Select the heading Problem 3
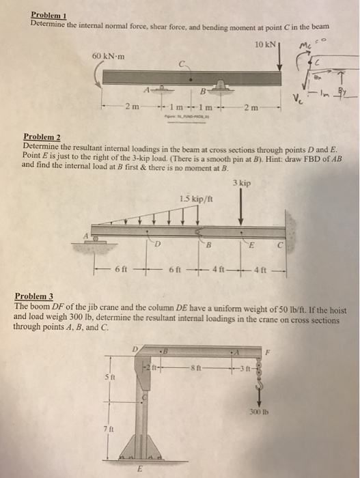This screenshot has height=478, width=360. tap(33, 296)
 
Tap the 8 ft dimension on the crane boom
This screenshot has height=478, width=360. tap(197, 369)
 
